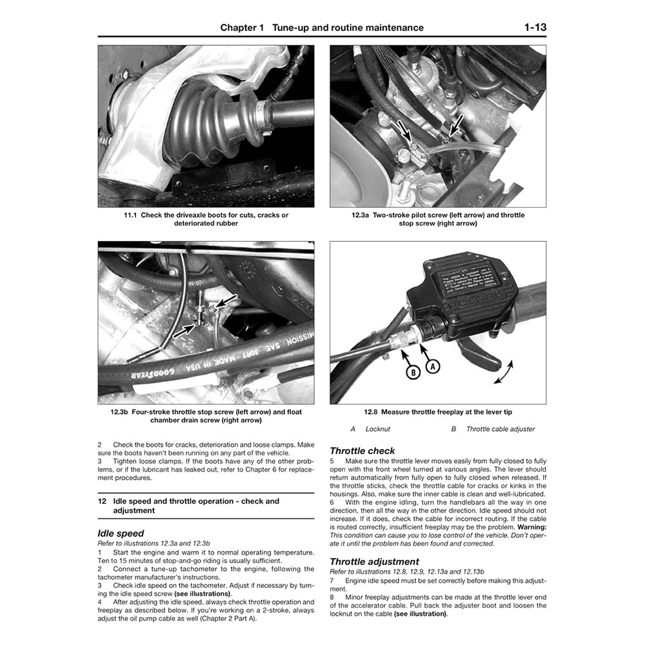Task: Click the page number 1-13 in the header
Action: coord(535,27)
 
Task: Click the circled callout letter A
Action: coord(433,366)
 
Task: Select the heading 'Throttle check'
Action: coord(362,451)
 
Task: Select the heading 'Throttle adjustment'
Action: coord(374,562)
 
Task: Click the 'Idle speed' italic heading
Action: coord(121,533)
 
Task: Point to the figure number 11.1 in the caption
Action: coord(131,215)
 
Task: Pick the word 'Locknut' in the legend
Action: coord(377,429)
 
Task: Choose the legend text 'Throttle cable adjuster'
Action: coord(500,429)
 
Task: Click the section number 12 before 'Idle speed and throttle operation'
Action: coord(102,501)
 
